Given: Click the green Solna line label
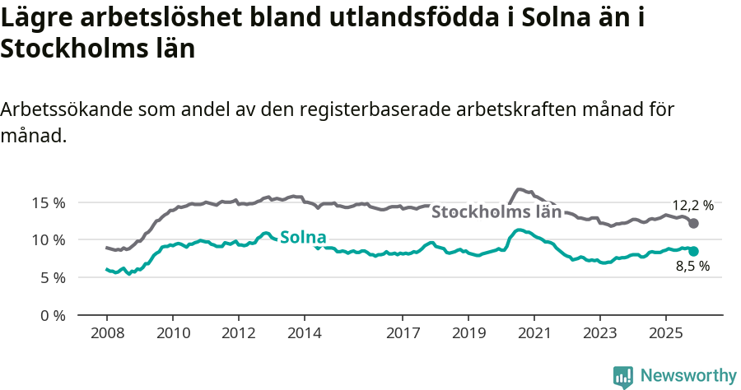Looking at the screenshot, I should [303, 237].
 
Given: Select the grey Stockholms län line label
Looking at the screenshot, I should [496, 211].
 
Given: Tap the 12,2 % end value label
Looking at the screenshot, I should [692, 206].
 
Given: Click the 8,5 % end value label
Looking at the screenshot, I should [692, 267].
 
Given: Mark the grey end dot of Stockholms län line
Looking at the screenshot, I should [693, 224].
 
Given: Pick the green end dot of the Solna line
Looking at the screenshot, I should [693, 251].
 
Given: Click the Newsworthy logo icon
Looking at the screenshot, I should [623, 377].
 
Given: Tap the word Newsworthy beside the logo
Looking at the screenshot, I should [688, 375].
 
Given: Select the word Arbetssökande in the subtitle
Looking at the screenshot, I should [67, 110].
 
